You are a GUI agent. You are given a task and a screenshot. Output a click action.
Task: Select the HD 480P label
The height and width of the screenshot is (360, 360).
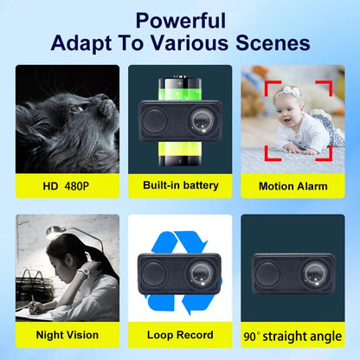click(67, 185)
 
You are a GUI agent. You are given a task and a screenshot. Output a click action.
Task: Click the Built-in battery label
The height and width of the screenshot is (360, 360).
click(180, 185)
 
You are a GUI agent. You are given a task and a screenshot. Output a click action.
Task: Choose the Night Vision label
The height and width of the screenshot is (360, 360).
click(67, 334)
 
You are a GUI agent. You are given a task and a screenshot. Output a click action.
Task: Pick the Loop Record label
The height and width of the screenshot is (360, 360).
click(180, 334)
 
